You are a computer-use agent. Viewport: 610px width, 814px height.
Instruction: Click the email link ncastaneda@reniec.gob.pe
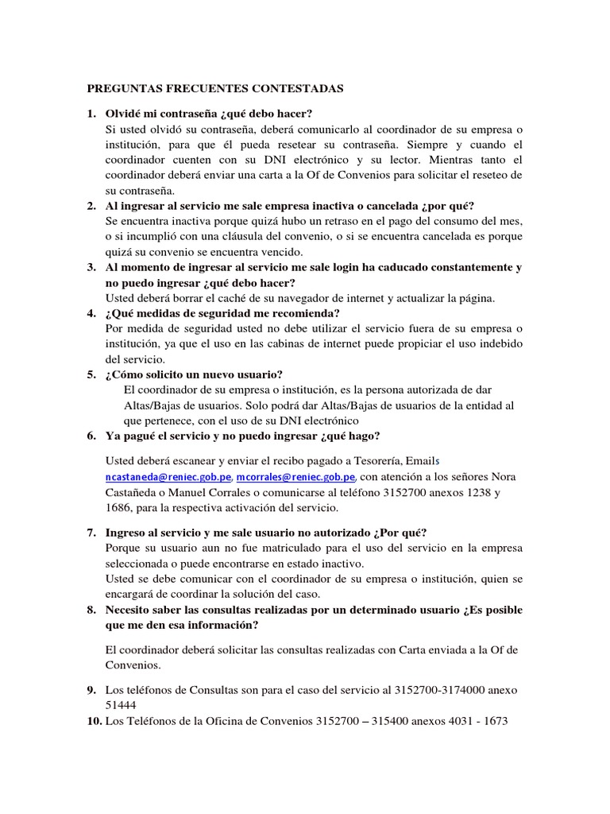pyautogui.click(x=168, y=477)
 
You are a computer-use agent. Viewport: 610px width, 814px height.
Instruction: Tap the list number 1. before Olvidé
pyautogui.click(x=91, y=114)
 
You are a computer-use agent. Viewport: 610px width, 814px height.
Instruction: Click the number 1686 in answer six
pyautogui.click(x=118, y=507)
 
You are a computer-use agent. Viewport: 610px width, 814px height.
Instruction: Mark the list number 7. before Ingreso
pyautogui.click(x=91, y=532)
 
